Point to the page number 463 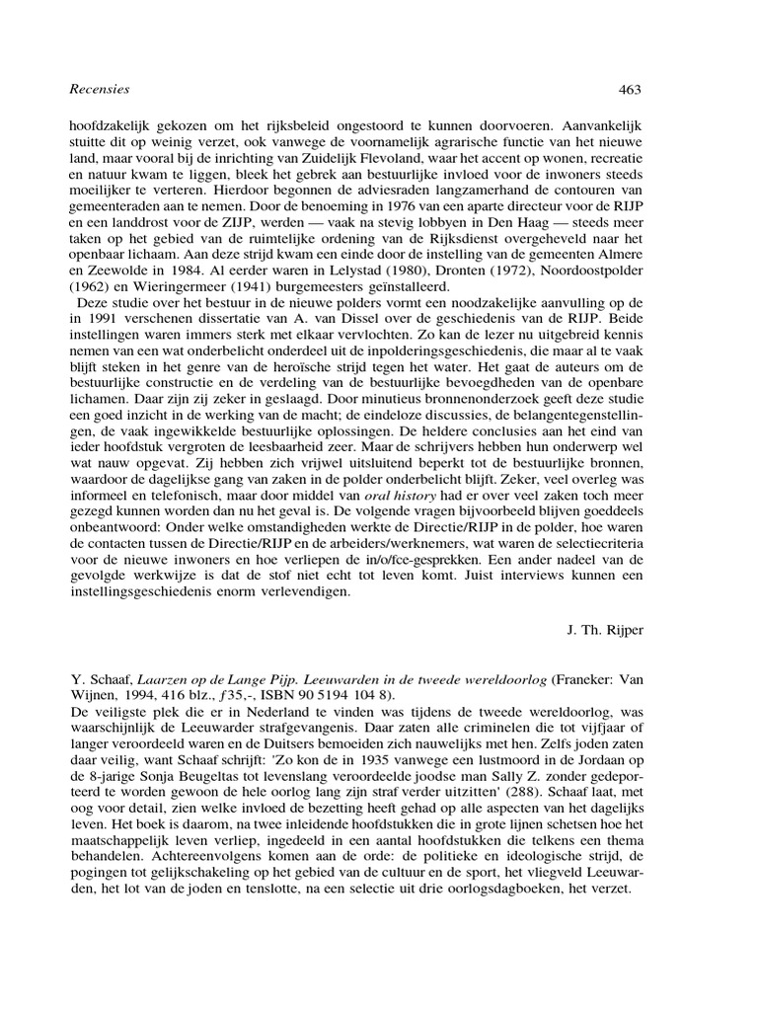click(630, 90)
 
